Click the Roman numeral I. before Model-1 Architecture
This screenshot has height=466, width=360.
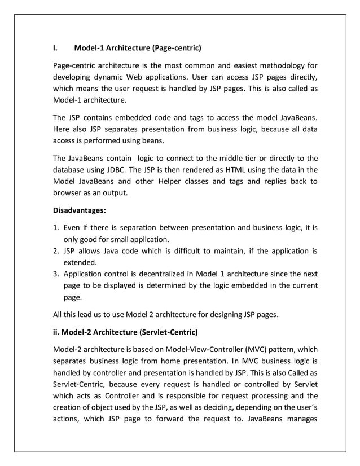[x=55, y=47]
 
